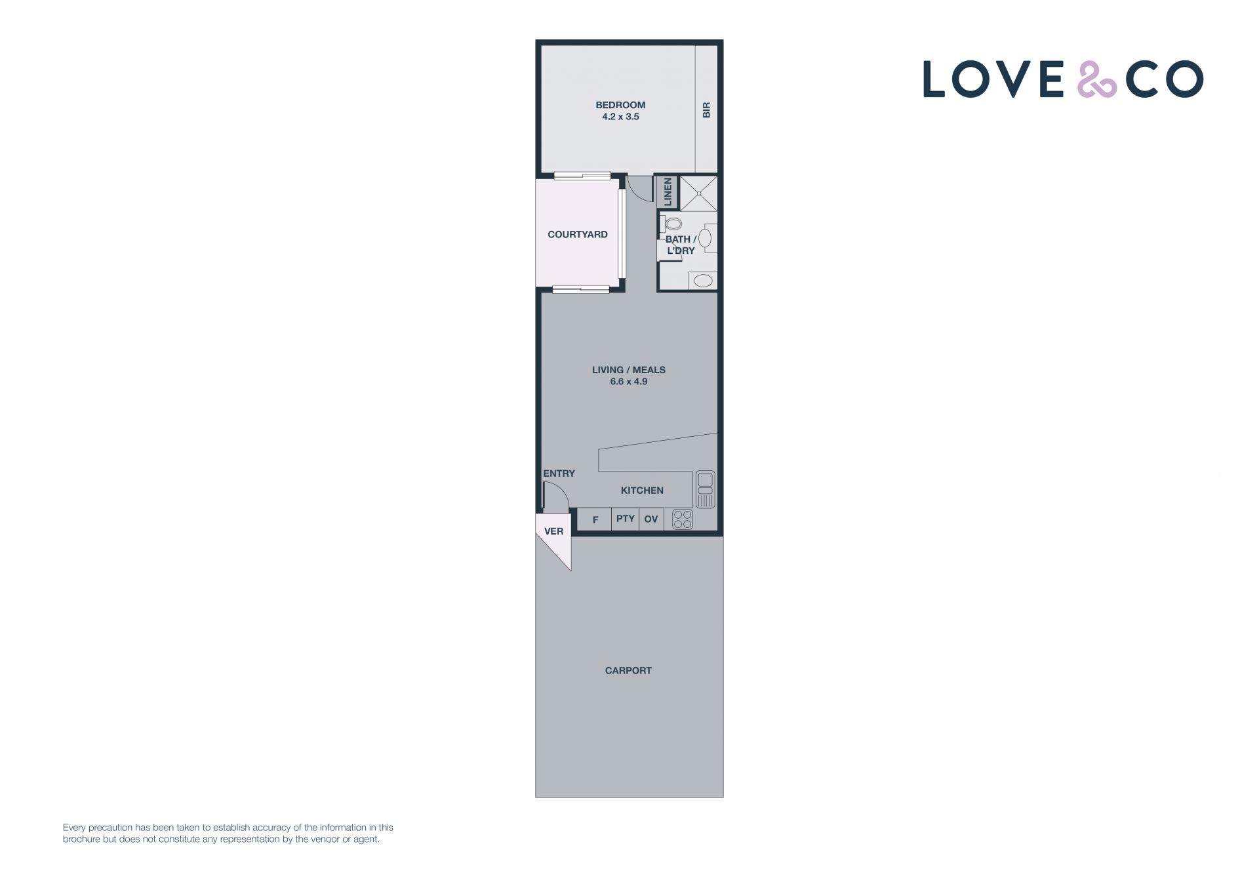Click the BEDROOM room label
[x=620, y=105]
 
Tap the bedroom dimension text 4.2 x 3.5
[x=620, y=117]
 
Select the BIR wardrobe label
[x=706, y=110]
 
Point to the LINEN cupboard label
[x=668, y=192]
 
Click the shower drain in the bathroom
[x=699, y=193]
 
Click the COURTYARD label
[x=578, y=234]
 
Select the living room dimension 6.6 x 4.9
[x=629, y=382]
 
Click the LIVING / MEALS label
[x=629, y=370]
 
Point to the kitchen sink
[x=706, y=489]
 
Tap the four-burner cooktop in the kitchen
[x=683, y=519]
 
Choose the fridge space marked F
[x=595, y=520]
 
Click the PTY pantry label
[x=626, y=519]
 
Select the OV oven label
[x=650, y=519]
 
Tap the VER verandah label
[x=554, y=531]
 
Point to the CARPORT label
[x=628, y=670]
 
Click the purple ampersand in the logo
[x=1096, y=79]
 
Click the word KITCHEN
[x=642, y=491]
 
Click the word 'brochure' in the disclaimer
[x=82, y=839]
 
